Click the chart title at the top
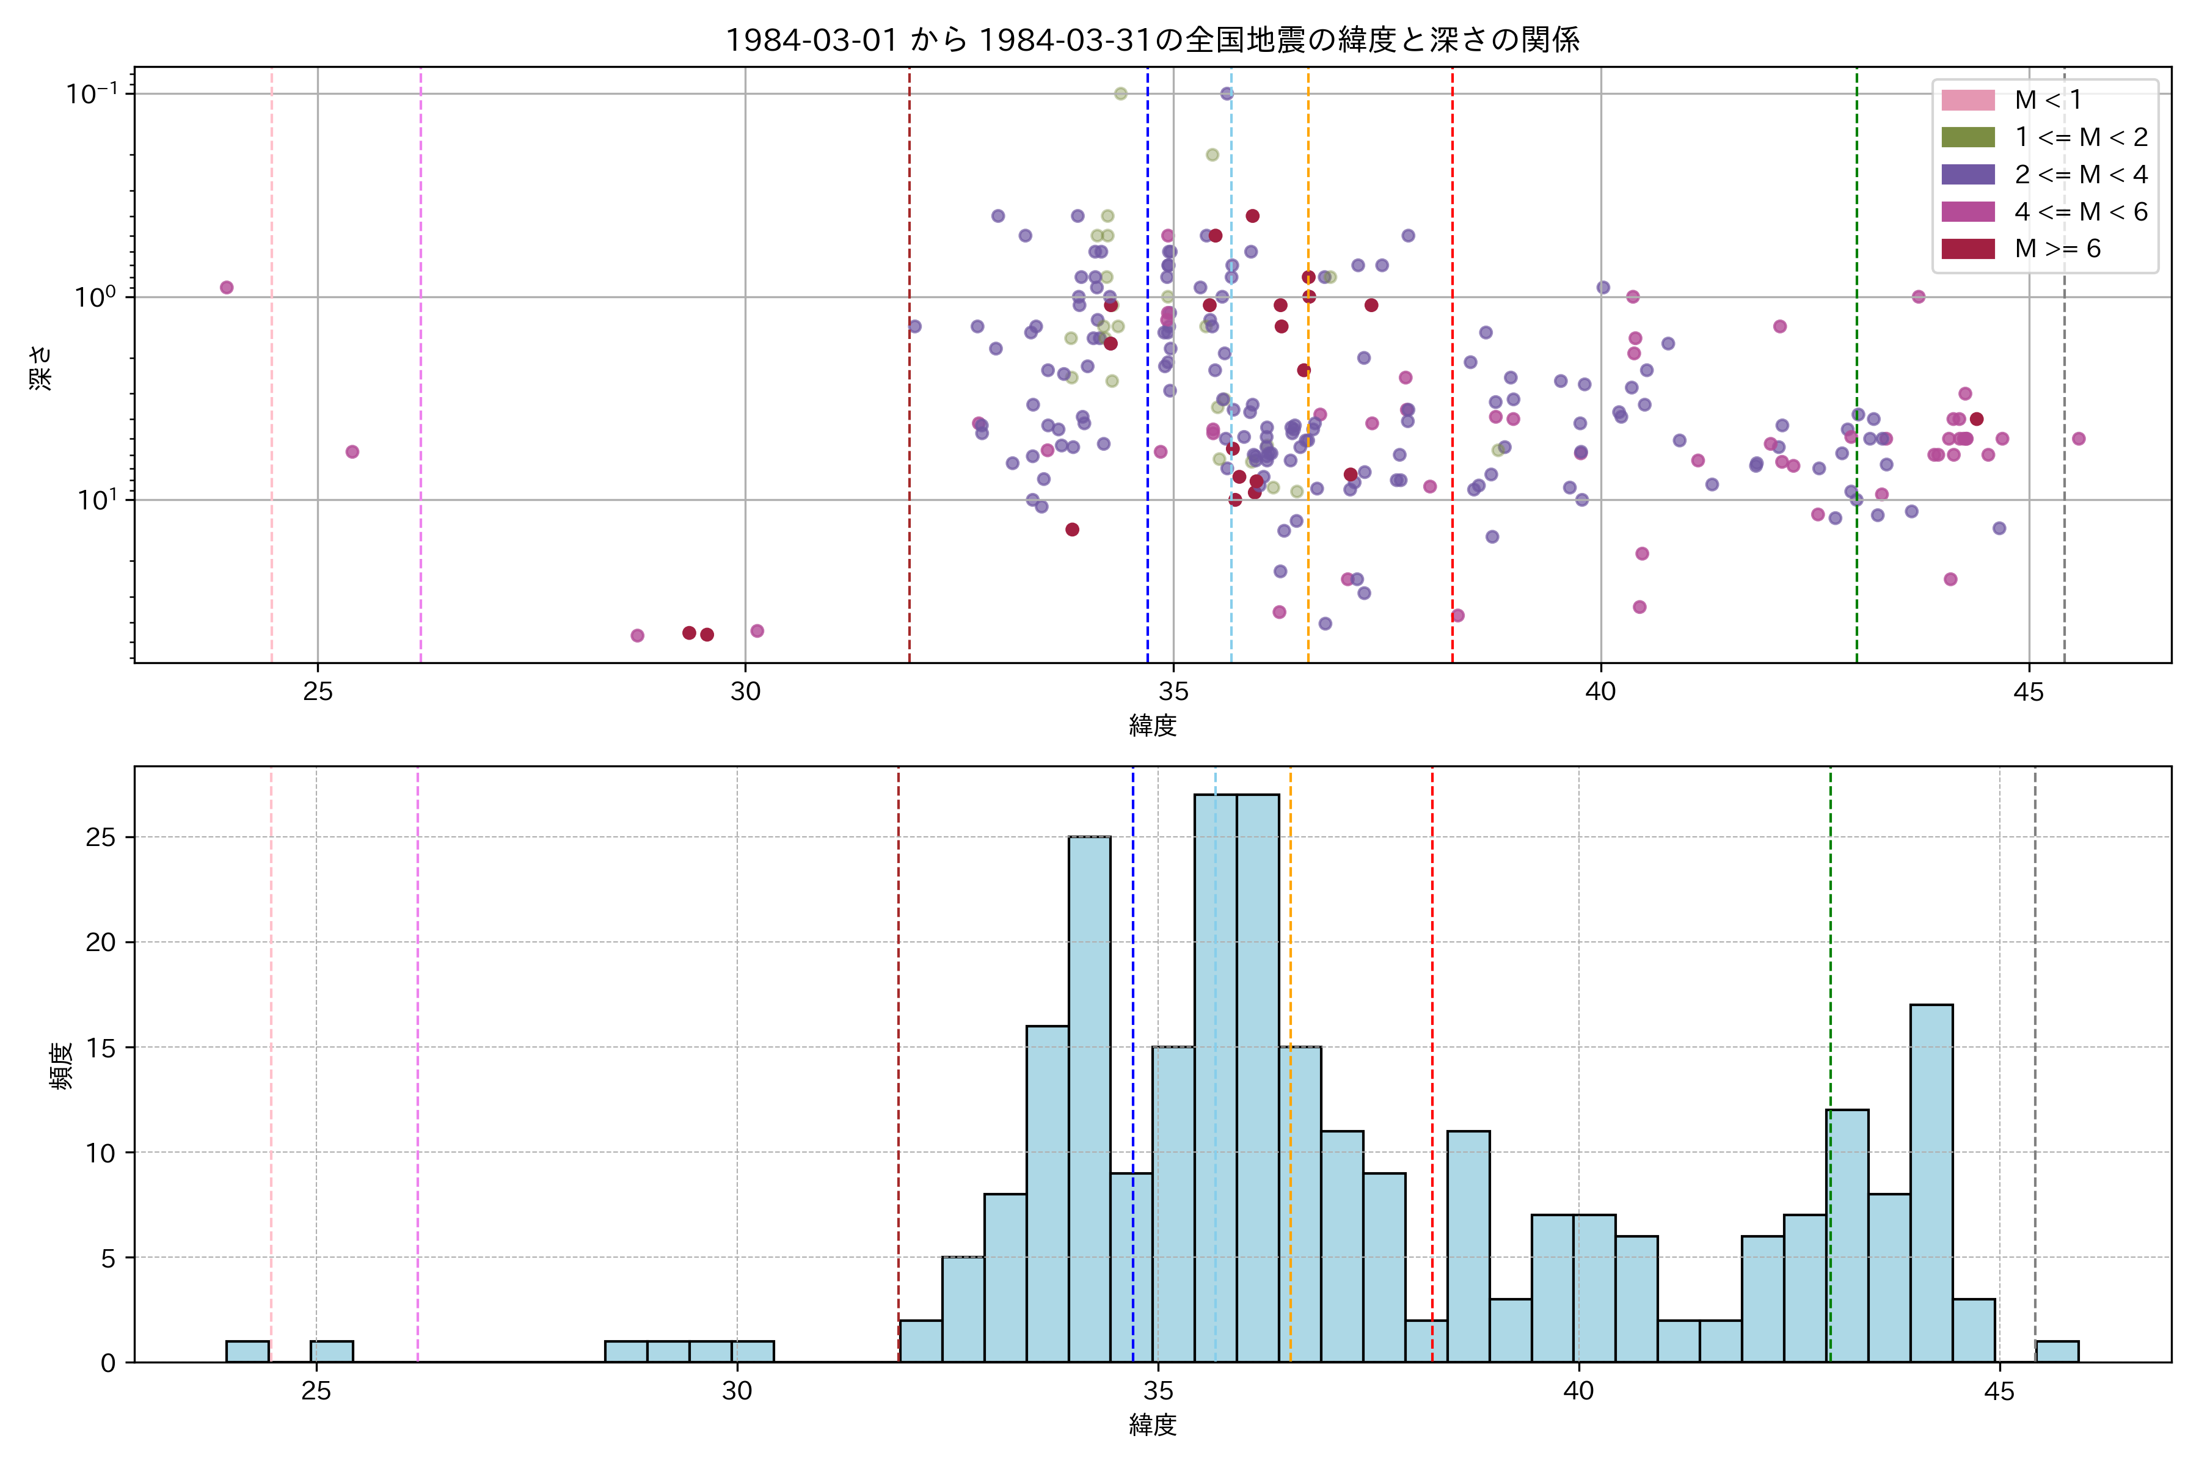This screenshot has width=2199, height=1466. (x=1152, y=40)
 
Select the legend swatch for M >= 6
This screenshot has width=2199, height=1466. (x=1968, y=249)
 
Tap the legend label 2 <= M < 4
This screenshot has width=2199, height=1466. (x=2081, y=175)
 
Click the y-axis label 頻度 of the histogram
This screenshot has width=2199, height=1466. (x=62, y=1066)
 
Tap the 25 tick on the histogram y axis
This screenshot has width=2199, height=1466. (x=101, y=837)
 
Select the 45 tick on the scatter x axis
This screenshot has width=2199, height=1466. (x=2029, y=693)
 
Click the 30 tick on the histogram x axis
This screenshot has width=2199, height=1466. (x=737, y=1391)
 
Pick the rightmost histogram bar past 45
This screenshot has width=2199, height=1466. (x=2057, y=1352)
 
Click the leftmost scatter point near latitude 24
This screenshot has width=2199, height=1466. (x=226, y=288)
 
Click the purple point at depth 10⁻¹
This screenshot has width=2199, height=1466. (x=1227, y=93)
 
